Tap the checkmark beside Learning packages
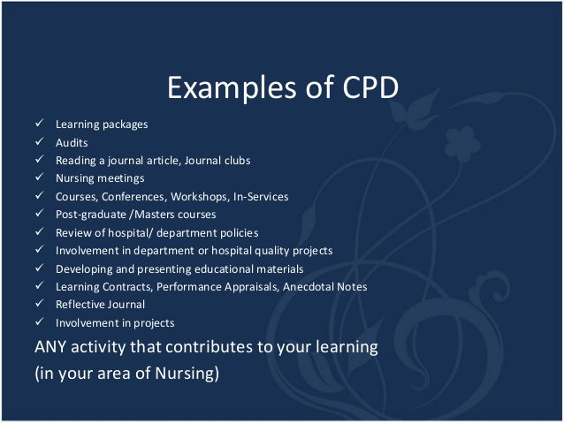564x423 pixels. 40,124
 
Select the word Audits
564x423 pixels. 72,142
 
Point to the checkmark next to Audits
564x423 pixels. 40,142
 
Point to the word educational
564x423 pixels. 230,268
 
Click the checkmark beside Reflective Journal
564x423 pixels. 40,305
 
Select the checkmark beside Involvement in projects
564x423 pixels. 40,322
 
